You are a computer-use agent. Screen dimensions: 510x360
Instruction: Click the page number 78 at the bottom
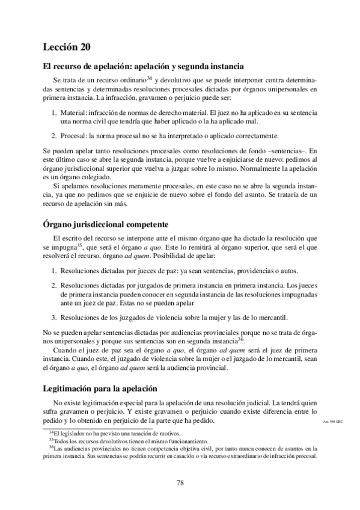point(180,482)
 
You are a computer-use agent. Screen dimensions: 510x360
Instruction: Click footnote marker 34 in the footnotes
point(50,432)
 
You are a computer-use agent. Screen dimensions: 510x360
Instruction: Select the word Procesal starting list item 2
point(75,135)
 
